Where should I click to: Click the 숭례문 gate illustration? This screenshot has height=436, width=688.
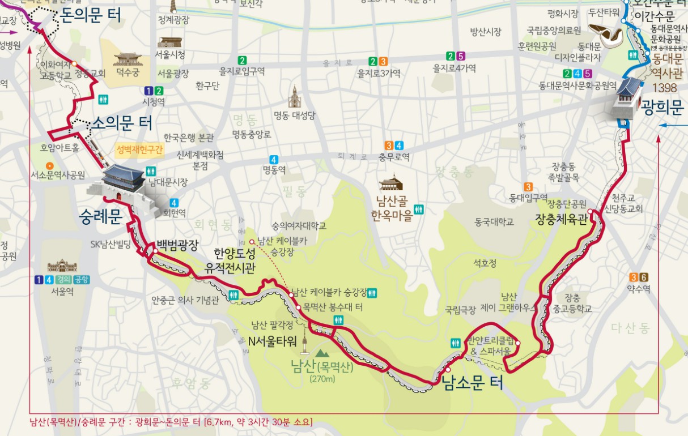click(x=128, y=187)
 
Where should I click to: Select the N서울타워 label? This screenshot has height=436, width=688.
click(x=273, y=341)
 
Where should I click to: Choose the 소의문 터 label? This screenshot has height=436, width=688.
click(x=122, y=122)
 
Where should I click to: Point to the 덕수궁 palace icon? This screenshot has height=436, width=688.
click(x=128, y=59)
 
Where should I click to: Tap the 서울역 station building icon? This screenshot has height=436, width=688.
click(x=62, y=266)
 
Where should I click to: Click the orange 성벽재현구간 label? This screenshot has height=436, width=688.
click(x=139, y=150)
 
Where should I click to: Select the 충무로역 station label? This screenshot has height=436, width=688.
click(x=394, y=157)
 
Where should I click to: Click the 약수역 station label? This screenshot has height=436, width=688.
click(x=639, y=289)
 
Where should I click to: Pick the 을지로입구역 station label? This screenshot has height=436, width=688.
click(x=242, y=72)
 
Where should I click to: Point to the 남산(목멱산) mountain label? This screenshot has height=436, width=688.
click(x=321, y=366)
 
